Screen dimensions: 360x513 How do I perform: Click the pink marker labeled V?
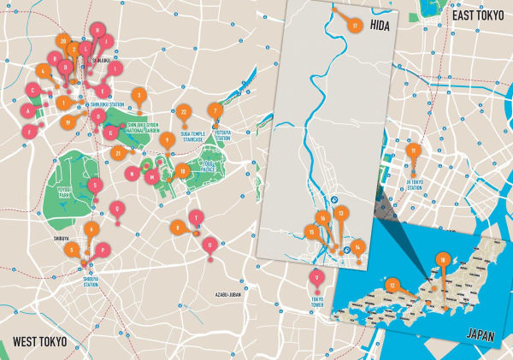(316, 277)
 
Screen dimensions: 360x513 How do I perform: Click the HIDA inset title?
(380, 25)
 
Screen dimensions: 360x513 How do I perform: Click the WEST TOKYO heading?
(39, 342)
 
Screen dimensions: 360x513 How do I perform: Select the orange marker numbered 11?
(414, 150)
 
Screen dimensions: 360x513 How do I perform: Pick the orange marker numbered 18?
(442, 259)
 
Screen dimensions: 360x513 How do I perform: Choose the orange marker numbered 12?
(392, 285)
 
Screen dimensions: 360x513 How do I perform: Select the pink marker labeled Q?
(118, 208)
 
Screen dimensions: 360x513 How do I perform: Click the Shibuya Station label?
(90, 280)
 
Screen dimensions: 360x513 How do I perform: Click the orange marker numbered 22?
(184, 111)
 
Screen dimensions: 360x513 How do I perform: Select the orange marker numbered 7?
(216, 110)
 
